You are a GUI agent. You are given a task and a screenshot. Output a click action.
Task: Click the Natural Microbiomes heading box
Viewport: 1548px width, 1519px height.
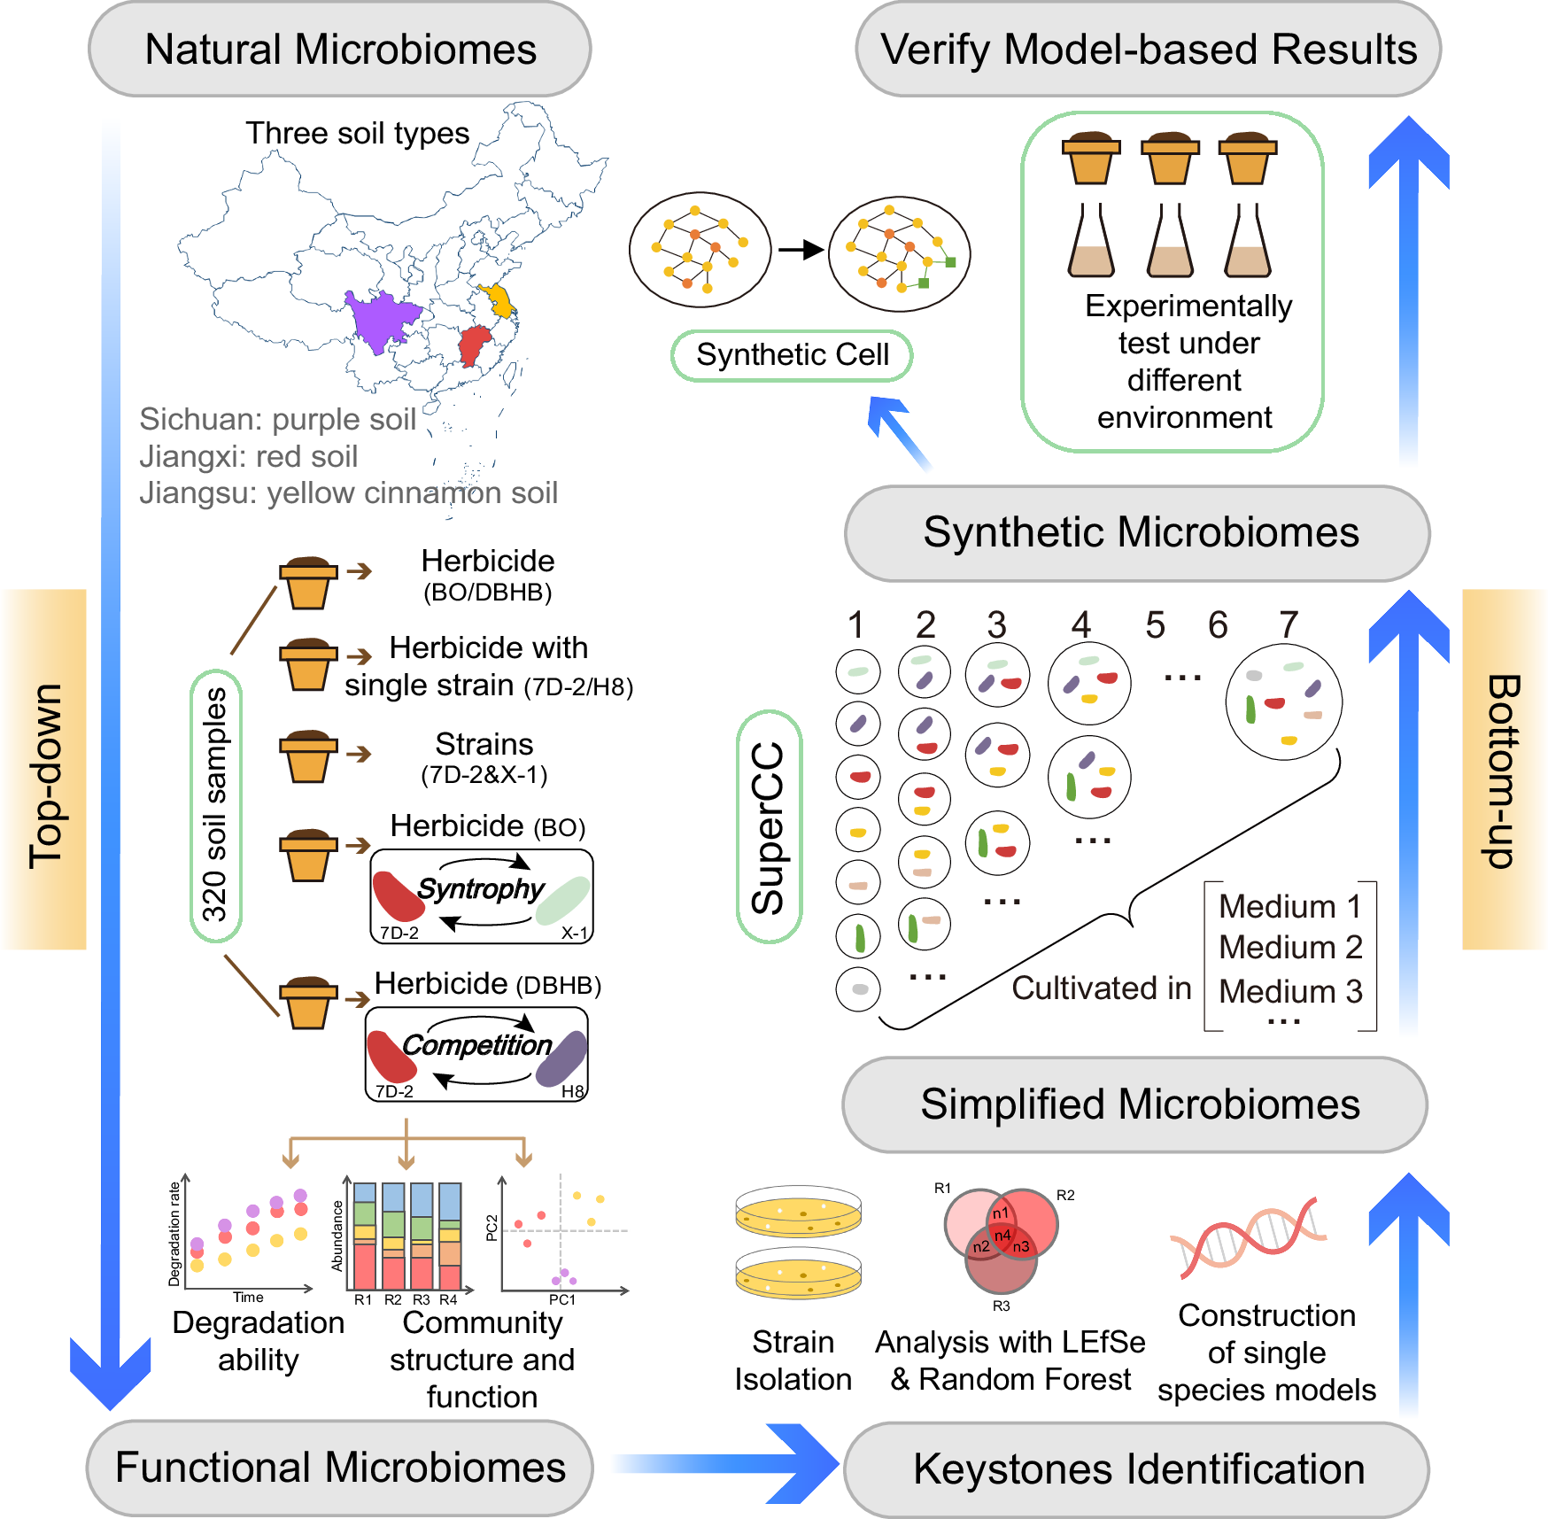340,49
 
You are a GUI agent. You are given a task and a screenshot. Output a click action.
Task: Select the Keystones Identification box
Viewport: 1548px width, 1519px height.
1137,1469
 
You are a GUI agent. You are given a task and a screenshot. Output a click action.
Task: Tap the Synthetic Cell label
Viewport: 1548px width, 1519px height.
792,355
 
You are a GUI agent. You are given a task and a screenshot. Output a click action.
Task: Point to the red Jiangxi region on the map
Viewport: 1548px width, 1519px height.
475,345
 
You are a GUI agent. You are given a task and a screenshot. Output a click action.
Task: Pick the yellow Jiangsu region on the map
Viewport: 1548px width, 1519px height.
499,300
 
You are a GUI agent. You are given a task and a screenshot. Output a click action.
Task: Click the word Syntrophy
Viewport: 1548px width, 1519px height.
481,888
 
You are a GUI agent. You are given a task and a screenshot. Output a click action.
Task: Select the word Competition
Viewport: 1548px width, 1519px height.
477,1045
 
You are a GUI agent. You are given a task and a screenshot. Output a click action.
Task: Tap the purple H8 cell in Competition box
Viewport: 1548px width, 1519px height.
561,1058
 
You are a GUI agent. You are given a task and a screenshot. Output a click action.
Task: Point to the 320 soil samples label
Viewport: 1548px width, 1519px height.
215,805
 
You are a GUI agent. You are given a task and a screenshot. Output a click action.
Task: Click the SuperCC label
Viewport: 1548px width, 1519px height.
769,826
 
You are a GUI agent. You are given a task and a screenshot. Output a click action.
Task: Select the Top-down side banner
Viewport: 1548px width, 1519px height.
44,770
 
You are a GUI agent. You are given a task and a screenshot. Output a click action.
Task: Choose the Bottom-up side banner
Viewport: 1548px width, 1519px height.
1503,770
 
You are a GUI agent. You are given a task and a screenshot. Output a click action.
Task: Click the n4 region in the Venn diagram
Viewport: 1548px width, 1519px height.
1002,1235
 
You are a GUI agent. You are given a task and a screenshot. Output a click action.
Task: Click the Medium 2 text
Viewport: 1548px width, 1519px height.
1290,948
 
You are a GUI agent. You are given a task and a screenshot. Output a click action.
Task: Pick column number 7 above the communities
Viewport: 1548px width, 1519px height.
1289,624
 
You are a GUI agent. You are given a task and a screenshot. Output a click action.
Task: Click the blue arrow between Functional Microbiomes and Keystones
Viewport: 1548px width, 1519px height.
725,1464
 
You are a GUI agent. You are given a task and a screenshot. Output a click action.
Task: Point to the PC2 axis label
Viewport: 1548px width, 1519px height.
492,1228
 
